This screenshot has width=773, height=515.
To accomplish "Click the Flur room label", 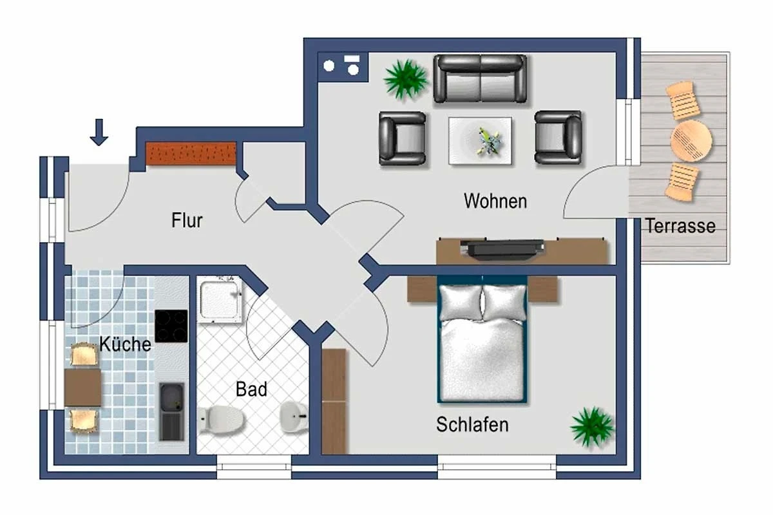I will coord(187,220).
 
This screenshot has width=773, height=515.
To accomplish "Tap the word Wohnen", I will coord(495,201).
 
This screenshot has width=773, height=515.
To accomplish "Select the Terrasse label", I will coord(680,226).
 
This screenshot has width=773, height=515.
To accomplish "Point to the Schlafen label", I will coord(472,425).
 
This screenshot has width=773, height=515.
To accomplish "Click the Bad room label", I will coord(251,389).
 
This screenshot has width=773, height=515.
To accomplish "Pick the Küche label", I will coord(125,344).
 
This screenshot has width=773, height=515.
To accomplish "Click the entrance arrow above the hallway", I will coord(99,132).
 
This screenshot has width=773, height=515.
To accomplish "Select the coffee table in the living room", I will coord(480,140).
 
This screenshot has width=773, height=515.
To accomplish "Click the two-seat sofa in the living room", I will coord(480,79).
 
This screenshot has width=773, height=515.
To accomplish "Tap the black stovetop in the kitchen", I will coord(171,326).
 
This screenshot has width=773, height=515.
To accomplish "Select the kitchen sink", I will coord(171,410).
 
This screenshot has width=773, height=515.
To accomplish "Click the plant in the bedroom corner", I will coord(591,427).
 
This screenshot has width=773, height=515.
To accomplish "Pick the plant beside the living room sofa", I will coord(406,79).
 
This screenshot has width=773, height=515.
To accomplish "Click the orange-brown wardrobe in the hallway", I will coord(191,153).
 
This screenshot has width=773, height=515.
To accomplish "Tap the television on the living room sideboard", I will coord(502,248).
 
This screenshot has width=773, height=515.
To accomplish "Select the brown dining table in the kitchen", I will coord(83,387).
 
